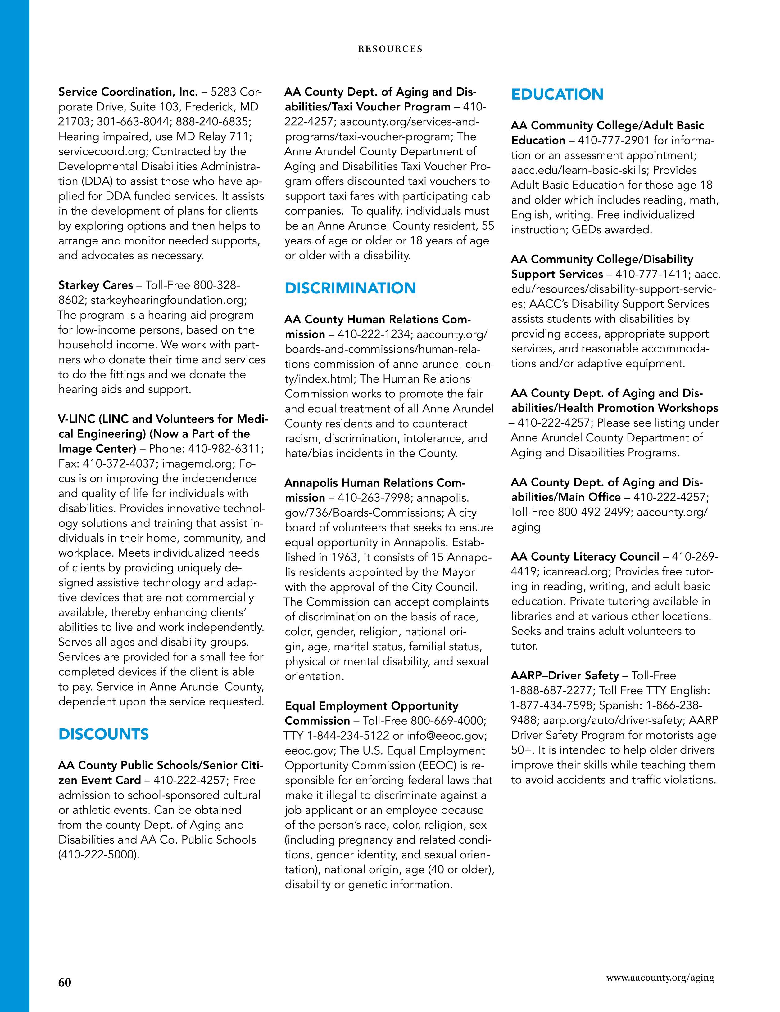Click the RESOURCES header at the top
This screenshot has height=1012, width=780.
390,49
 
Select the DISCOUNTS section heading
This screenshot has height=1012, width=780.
103,734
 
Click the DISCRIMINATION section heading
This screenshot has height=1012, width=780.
350,288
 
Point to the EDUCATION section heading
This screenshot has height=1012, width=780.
557,95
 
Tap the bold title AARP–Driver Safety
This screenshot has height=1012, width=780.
565,676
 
